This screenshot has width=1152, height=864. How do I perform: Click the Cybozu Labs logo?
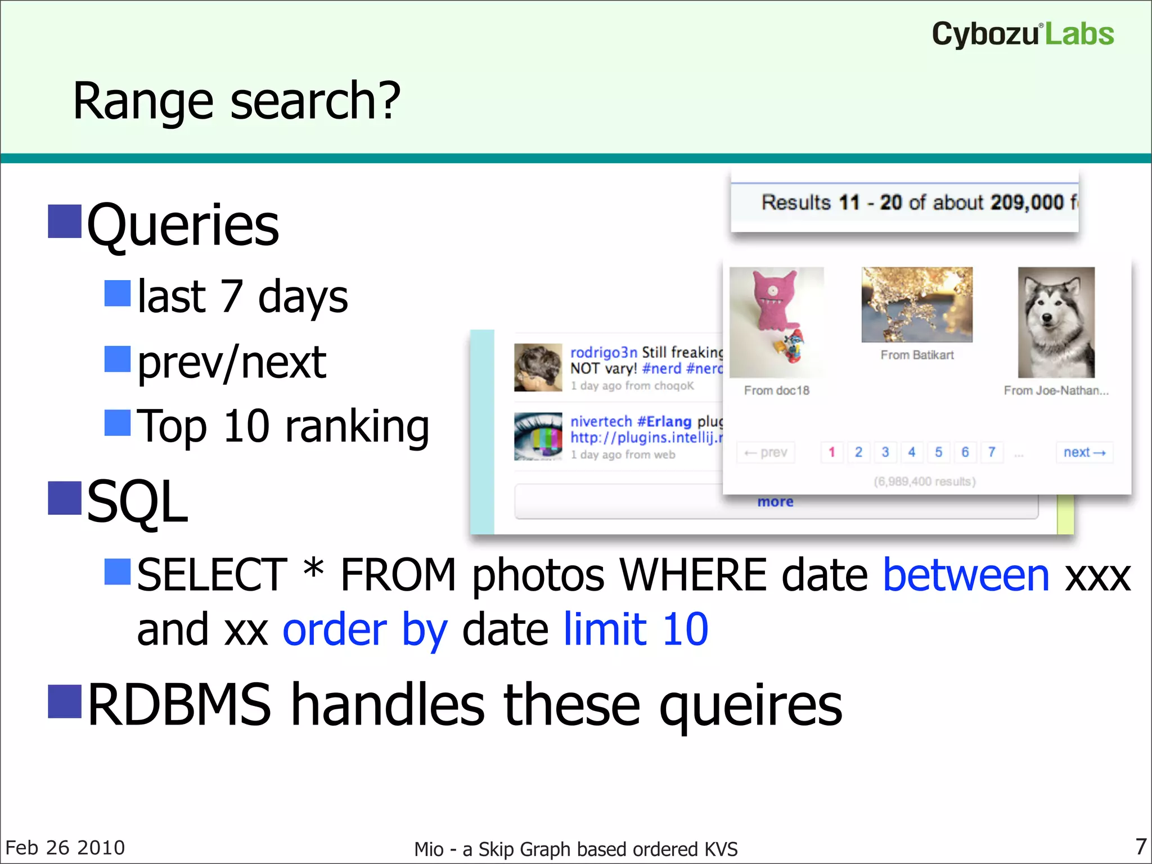point(1023,34)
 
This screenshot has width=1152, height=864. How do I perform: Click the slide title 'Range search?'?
point(236,101)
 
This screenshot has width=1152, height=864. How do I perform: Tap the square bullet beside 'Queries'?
point(65,222)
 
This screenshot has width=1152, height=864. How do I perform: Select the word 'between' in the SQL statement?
point(966,575)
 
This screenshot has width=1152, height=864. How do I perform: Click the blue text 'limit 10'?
point(636,629)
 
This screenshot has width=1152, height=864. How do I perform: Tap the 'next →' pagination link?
point(1084,452)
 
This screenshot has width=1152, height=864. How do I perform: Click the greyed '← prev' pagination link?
point(766,452)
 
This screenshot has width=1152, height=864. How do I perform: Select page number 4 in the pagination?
point(912,452)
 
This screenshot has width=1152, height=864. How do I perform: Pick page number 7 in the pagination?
point(992,452)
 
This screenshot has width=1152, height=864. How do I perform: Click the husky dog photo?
point(1056,322)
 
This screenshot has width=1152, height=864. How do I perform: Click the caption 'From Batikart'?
point(917,355)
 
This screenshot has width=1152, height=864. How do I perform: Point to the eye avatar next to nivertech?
point(538,436)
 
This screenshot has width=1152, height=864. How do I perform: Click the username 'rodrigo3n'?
point(603,353)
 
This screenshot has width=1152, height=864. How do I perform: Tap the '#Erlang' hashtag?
point(664,422)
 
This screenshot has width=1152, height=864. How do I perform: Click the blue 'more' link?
point(775,502)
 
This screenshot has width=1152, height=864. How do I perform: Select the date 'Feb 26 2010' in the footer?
point(65,848)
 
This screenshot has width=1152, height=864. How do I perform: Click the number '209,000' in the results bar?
point(1027,202)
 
